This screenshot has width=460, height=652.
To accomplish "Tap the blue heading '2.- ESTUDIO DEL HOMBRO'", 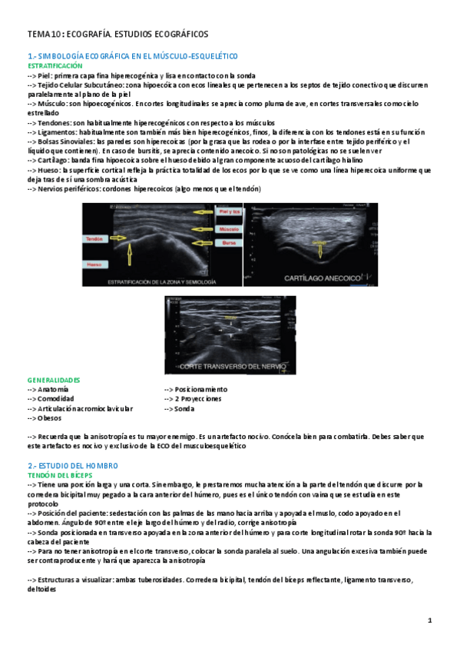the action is [x=74, y=467].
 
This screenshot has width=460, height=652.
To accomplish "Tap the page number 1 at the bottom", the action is [x=431, y=620].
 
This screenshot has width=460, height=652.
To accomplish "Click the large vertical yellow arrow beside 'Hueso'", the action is [x=129, y=258].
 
